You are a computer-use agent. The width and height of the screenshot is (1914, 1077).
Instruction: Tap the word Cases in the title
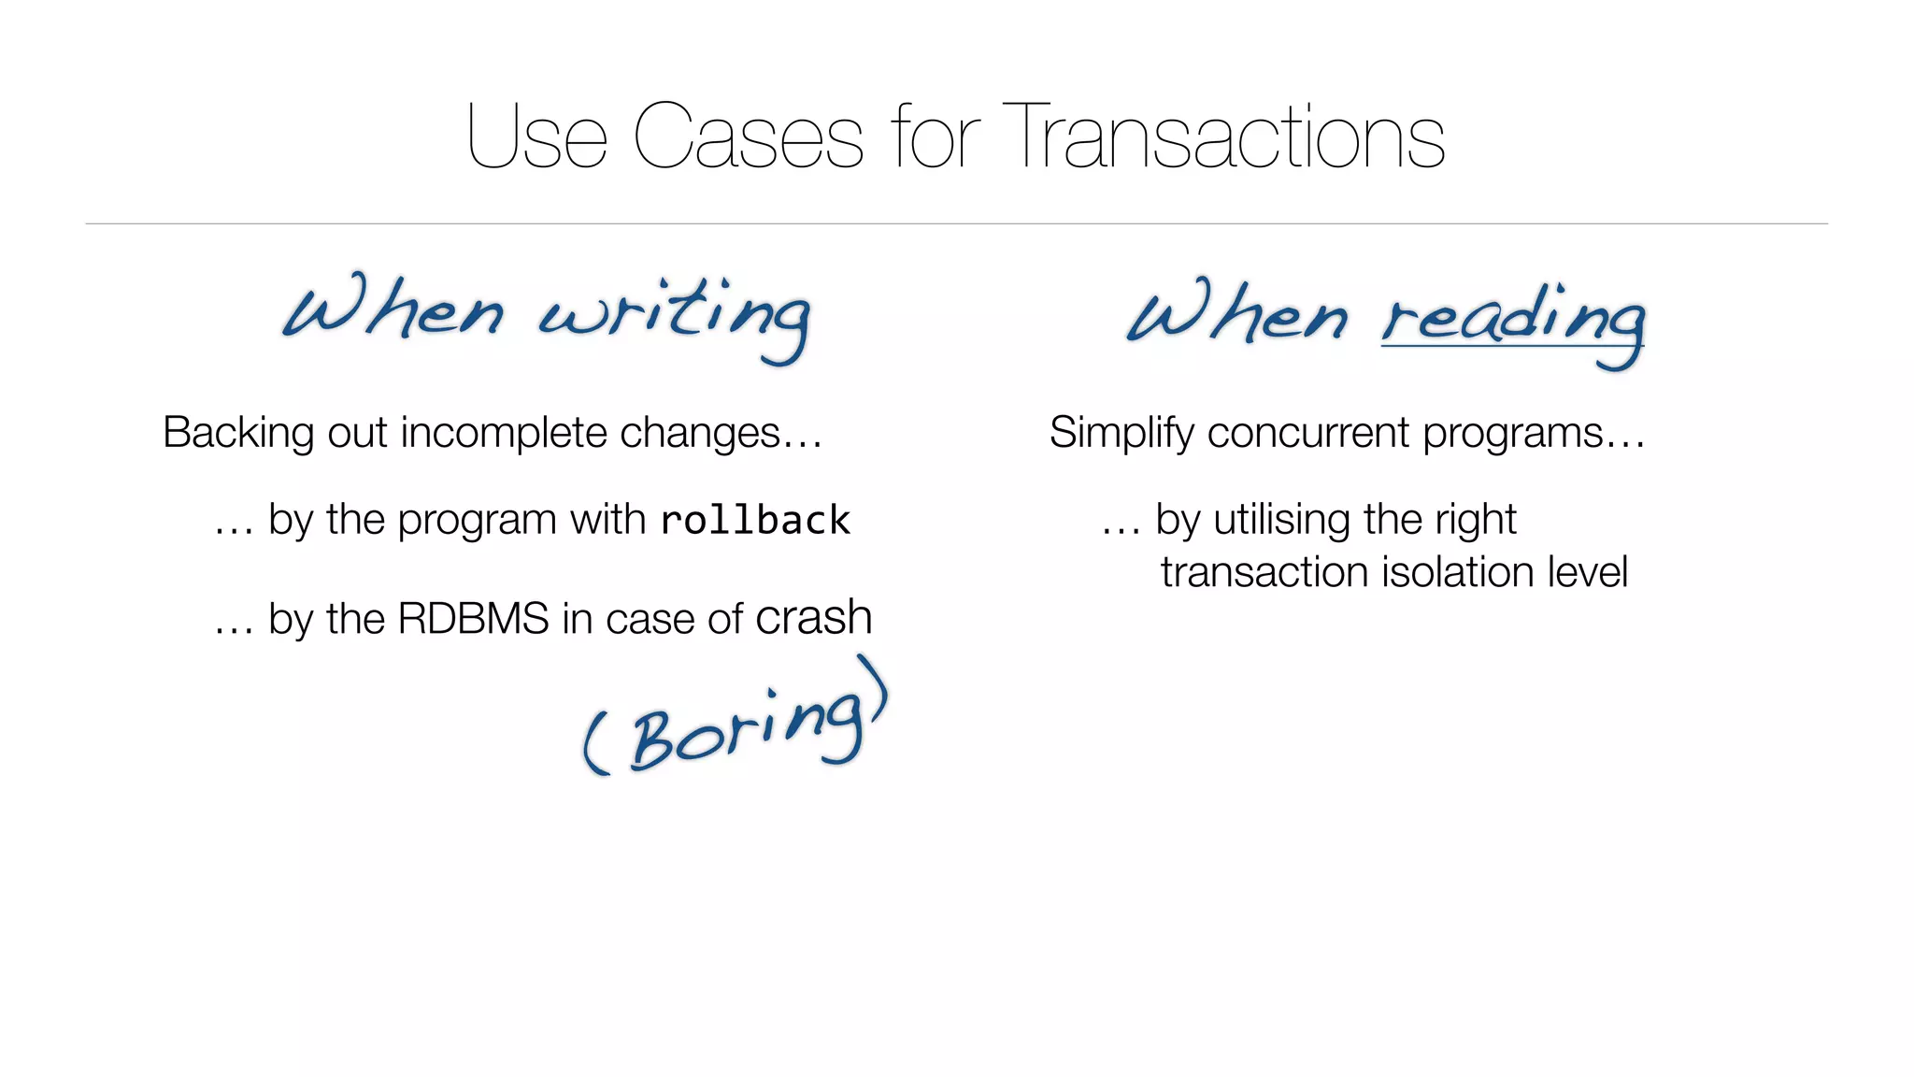pos(747,137)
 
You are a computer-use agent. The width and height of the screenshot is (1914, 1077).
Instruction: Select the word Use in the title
pos(536,137)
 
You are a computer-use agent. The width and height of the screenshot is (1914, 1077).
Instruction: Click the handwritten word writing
pos(675,315)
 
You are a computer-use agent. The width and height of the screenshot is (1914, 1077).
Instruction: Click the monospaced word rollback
pos(755,521)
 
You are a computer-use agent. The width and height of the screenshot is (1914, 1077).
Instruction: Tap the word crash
pos(813,618)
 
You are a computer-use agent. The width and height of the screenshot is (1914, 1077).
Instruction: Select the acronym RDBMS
pos(473,619)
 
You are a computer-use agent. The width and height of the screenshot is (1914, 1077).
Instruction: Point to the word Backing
pos(238,433)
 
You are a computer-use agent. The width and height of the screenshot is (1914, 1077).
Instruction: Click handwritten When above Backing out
pos(393,309)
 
